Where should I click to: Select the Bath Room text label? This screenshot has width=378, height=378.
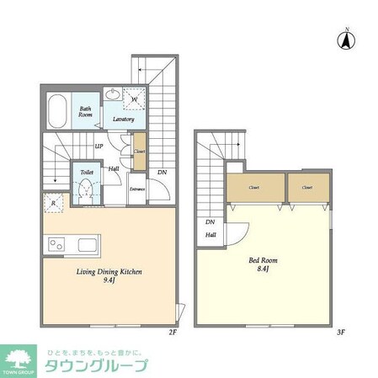86,112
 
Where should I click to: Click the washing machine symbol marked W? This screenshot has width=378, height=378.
135,99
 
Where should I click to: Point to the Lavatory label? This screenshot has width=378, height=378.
125,119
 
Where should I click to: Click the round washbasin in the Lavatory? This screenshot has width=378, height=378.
113,97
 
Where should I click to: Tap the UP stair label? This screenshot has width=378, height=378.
99,146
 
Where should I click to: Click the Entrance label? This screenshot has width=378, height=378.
136,189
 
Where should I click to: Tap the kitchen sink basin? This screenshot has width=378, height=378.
88,245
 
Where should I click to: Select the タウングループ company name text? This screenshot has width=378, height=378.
99,366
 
